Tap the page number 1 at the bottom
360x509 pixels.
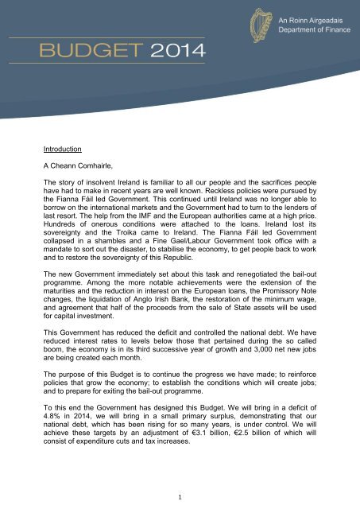(x=180, y=495)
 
